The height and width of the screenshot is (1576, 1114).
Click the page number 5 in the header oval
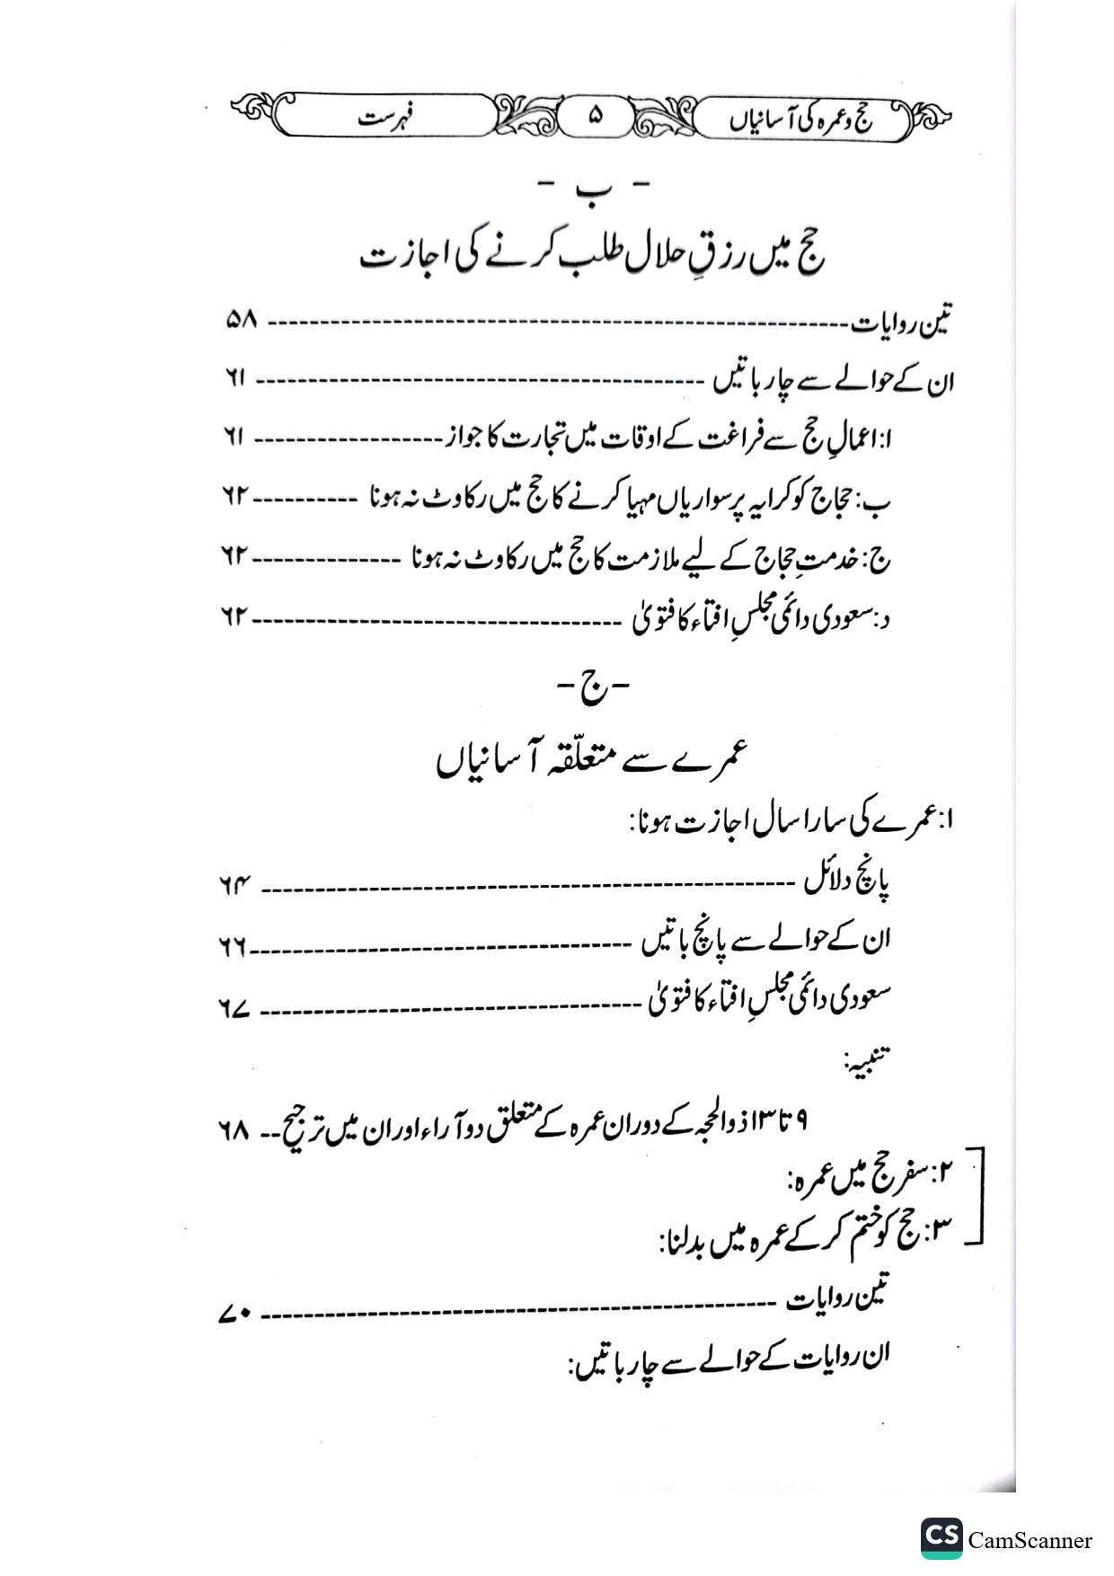click(x=592, y=117)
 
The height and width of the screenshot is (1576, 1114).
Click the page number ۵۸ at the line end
click(x=240, y=321)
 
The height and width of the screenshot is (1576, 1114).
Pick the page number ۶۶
click(x=234, y=946)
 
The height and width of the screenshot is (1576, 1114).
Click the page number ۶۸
click(x=232, y=1128)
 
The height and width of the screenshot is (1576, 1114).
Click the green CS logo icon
click(x=941, y=1538)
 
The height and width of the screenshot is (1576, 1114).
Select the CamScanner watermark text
click(x=1030, y=1540)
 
